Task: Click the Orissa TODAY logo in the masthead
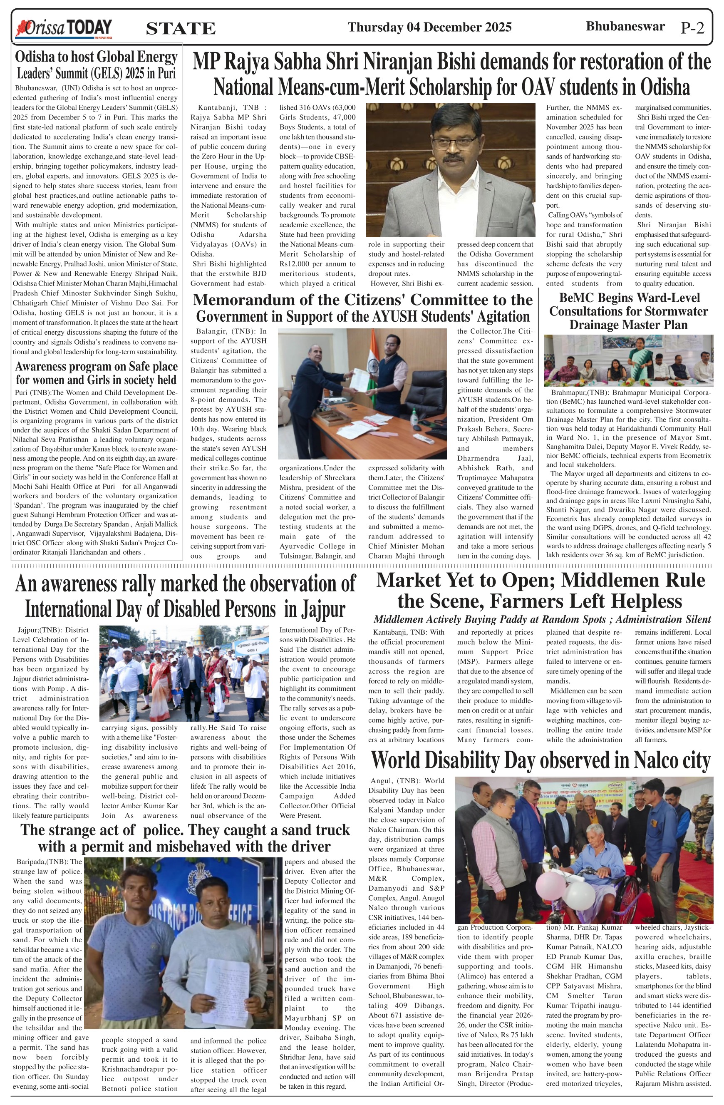(x=64, y=28)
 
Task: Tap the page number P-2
(x=692, y=28)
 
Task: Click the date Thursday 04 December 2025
(x=429, y=27)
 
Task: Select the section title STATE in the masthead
(x=181, y=29)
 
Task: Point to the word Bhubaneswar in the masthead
(x=625, y=27)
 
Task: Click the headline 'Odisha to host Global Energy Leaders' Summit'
(x=97, y=65)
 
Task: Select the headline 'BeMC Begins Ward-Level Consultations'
(x=628, y=311)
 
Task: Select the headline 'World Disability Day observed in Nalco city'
(x=541, y=760)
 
